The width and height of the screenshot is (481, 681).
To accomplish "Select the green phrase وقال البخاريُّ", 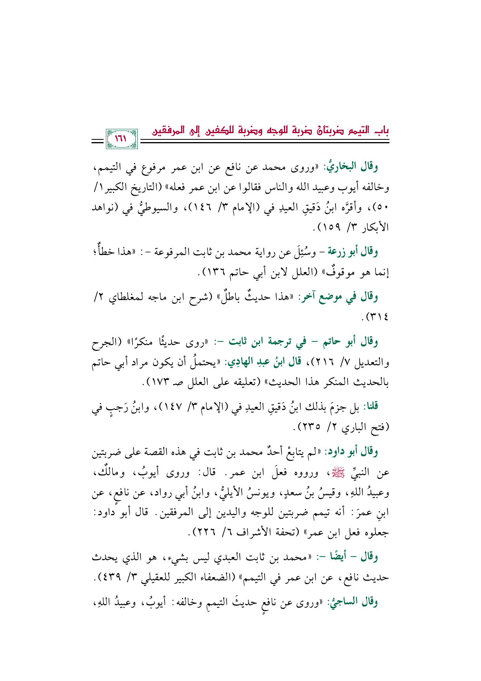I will coord(358,167).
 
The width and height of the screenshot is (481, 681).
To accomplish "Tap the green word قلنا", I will coord(369,407).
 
